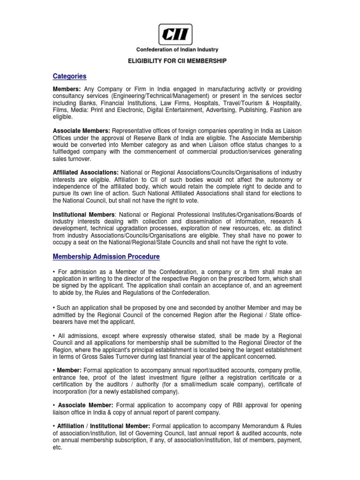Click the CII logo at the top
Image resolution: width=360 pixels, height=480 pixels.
(x=177, y=34)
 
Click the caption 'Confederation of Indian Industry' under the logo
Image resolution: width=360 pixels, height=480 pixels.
(x=177, y=50)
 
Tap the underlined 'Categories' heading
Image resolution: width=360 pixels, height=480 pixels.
(x=69, y=76)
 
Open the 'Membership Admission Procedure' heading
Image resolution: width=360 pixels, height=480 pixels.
(x=106, y=256)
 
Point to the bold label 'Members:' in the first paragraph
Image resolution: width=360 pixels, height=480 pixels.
(x=67, y=89)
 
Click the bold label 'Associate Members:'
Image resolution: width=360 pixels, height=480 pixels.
(x=82, y=131)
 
